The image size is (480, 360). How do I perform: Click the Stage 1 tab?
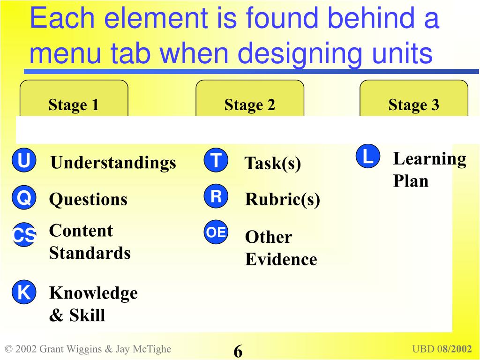pyautogui.click(x=74, y=105)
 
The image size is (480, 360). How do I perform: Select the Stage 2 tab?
pyautogui.click(x=249, y=105)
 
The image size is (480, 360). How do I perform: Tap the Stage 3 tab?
pyautogui.click(x=413, y=105)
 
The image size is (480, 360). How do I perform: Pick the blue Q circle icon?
pyautogui.click(x=23, y=198)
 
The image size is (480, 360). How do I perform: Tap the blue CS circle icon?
pyautogui.click(x=23, y=235)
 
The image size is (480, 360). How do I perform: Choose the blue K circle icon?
pyautogui.click(x=23, y=293)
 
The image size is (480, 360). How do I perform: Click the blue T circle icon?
pyautogui.click(x=216, y=161)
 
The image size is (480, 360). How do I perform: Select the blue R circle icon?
pyautogui.click(x=216, y=197)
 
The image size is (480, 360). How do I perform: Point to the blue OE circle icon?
pyautogui.click(x=216, y=232)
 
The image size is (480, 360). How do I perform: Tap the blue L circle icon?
pyautogui.click(x=368, y=157)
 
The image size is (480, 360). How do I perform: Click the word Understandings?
pyautogui.click(x=113, y=163)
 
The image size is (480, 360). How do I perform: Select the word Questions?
pyautogui.click(x=88, y=200)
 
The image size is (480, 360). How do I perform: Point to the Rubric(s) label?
pyautogui.click(x=283, y=200)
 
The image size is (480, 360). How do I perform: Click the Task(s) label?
pyautogui.click(x=273, y=164)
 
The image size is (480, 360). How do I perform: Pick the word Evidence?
pyautogui.click(x=281, y=259)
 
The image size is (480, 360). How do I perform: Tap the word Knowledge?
pyautogui.click(x=93, y=293)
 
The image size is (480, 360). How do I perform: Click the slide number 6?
pyautogui.click(x=238, y=351)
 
